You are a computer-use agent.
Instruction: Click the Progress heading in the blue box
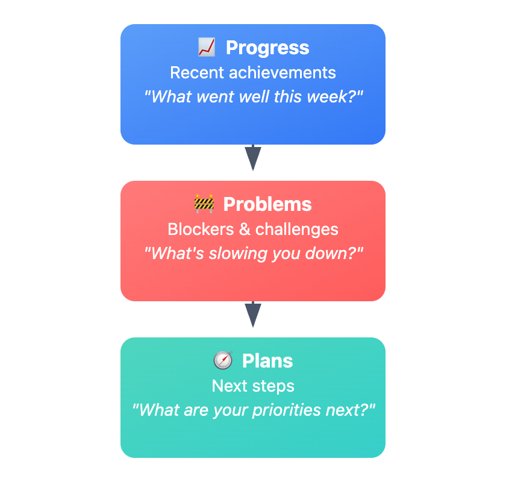coord(267,48)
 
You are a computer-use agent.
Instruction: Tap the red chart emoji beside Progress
coord(207,47)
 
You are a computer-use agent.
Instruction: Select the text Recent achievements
coord(253,72)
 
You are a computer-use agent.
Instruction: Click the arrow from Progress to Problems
coord(253,157)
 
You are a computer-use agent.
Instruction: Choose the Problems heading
coord(267,204)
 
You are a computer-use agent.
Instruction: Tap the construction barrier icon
coord(204,204)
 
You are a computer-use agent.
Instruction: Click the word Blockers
coord(201,229)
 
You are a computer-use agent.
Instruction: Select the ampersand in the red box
coord(245,229)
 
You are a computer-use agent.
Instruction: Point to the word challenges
coord(297,230)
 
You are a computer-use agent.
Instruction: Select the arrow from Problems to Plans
coord(253,315)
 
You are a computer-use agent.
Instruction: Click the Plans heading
coord(267,361)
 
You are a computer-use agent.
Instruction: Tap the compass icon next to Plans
coord(223,360)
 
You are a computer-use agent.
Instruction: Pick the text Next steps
coord(253,386)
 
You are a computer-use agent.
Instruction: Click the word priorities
coord(287,410)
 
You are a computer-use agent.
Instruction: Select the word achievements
coord(283,72)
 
